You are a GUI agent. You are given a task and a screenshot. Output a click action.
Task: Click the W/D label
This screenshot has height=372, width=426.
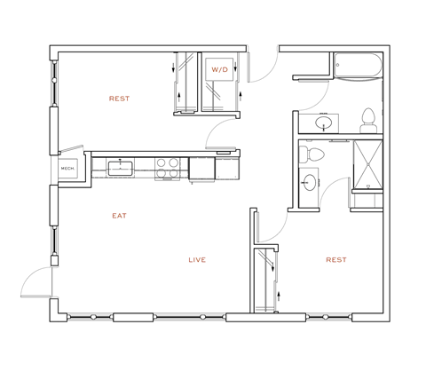(218, 69)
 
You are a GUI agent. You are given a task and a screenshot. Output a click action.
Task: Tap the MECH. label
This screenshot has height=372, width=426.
(67, 167)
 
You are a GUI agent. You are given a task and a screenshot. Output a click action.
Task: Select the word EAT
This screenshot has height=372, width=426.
(119, 216)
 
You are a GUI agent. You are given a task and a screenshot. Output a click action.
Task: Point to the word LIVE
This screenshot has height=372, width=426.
(197, 260)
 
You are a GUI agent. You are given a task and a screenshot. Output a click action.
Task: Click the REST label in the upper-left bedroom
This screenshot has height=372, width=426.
(119, 99)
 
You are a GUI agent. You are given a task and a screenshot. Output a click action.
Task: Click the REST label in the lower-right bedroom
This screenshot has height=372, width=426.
(335, 260)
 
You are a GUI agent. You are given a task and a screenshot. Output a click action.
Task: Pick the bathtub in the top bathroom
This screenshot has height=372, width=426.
(358, 65)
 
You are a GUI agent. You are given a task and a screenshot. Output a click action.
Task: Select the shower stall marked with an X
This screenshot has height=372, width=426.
(367, 166)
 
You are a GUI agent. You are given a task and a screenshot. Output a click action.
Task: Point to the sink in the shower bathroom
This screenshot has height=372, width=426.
(310, 184)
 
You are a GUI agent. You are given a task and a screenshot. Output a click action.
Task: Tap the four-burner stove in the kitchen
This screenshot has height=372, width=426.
(166, 167)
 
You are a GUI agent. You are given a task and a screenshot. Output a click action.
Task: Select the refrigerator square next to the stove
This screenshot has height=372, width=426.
(201, 167)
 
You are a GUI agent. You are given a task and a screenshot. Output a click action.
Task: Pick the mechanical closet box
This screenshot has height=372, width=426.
(67, 167)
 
